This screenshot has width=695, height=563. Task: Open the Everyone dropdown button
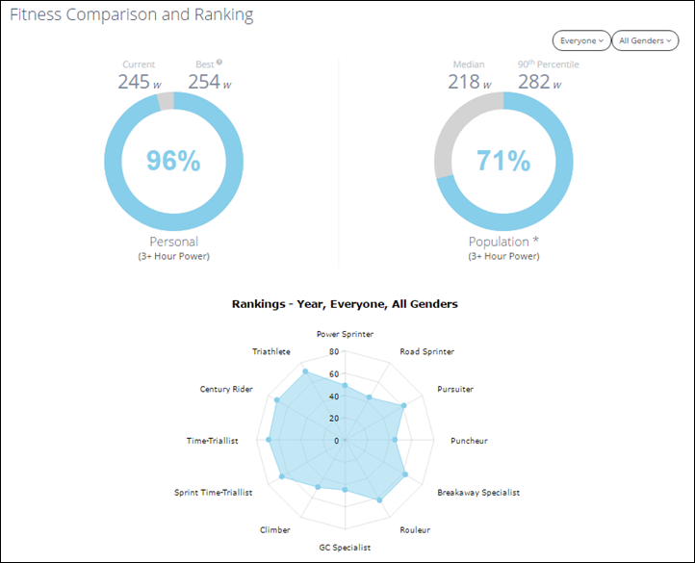tap(580, 40)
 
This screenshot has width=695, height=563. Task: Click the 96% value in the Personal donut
tap(173, 161)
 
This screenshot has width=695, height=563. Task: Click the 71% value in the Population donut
tap(503, 161)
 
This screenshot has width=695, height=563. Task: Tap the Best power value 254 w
tap(209, 83)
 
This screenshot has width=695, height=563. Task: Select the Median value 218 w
tap(469, 83)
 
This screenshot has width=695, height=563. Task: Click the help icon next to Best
tap(219, 63)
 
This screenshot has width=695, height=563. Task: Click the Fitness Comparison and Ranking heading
tap(132, 15)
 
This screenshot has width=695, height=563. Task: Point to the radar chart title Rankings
tap(345, 303)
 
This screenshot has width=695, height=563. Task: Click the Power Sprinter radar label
tap(346, 334)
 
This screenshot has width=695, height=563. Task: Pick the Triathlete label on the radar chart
tap(271, 351)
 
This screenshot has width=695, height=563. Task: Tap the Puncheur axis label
tap(469, 441)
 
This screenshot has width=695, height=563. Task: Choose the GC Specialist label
tap(345, 547)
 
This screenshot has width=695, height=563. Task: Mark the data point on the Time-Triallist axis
tap(268, 440)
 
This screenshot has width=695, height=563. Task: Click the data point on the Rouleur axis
tap(381, 500)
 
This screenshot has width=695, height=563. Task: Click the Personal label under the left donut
tap(173, 242)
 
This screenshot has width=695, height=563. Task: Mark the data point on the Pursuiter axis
tap(403, 406)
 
